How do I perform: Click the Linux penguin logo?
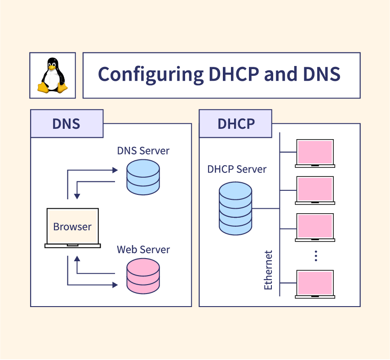(x=52, y=75)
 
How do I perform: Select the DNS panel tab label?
(x=66, y=123)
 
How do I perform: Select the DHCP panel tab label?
(x=236, y=123)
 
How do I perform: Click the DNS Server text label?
(x=143, y=150)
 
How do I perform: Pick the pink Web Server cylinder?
(x=143, y=275)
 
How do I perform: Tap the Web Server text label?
(x=143, y=249)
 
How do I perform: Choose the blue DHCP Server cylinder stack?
(x=235, y=209)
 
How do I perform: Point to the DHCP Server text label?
(x=237, y=169)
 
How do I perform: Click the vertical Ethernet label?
(x=268, y=270)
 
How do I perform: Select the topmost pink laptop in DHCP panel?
(x=315, y=153)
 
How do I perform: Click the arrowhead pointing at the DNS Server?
(x=115, y=170)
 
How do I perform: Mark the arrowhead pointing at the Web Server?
(x=115, y=285)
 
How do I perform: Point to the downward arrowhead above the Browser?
(x=77, y=196)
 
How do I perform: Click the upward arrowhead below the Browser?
(x=77, y=259)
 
